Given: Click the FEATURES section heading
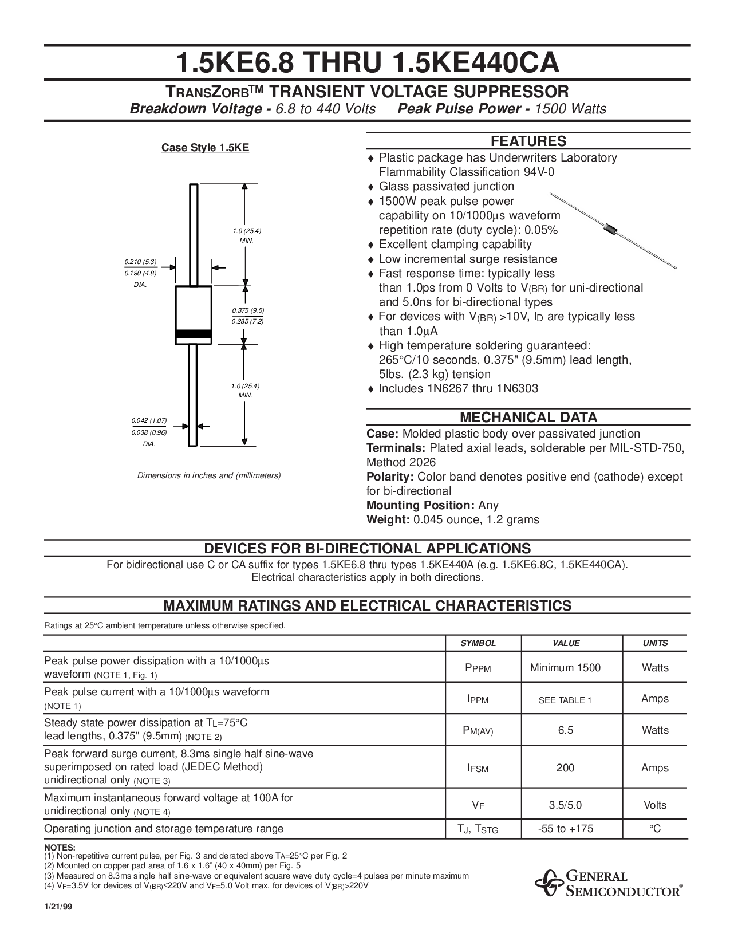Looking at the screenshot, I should [x=528, y=141].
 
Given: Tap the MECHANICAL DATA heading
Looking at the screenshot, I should [x=528, y=418].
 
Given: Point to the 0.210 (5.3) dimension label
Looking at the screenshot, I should [x=140, y=262].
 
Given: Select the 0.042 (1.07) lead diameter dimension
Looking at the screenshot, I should [x=149, y=420].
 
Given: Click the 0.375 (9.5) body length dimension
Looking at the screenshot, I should [x=248, y=310].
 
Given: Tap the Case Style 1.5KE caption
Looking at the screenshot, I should [x=205, y=148].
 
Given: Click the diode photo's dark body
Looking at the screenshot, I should [x=610, y=227].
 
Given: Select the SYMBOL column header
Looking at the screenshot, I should [x=478, y=643].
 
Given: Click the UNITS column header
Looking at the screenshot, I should [x=655, y=643].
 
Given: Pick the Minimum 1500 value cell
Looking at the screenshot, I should [x=565, y=668].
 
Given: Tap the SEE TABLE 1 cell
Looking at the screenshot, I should [x=565, y=700].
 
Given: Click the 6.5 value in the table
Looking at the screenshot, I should [x=565, y=730].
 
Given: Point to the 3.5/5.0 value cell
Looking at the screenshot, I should [x=565, y=805].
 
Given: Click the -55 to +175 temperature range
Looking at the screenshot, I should [x=565, y=829].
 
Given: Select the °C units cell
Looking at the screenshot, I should [x=655, y=829].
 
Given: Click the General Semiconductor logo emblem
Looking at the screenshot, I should [x=549, y=883].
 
